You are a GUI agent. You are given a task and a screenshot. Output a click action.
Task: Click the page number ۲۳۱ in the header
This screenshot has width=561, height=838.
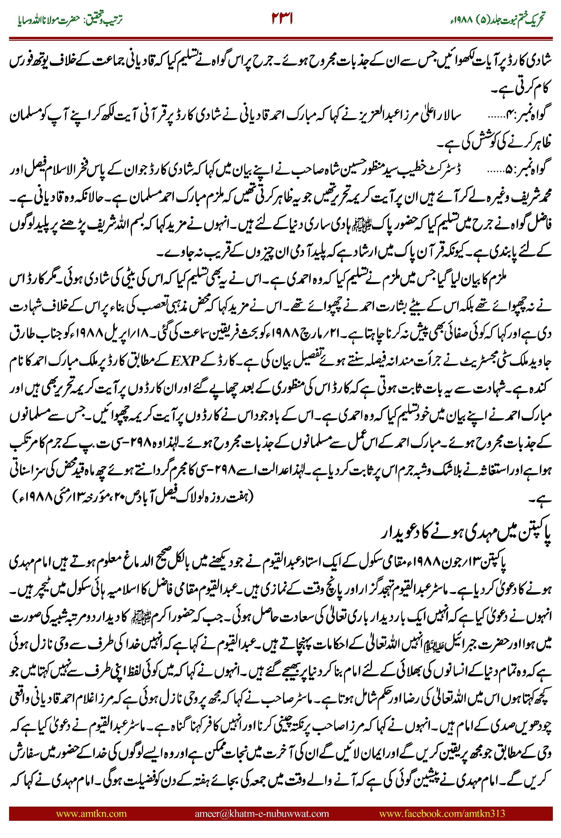coord(282,19)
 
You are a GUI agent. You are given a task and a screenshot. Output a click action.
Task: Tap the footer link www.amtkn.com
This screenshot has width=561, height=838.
coord(91,813)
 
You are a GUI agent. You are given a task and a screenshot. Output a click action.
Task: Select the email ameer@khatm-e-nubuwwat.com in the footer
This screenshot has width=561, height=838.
coord(262,813)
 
